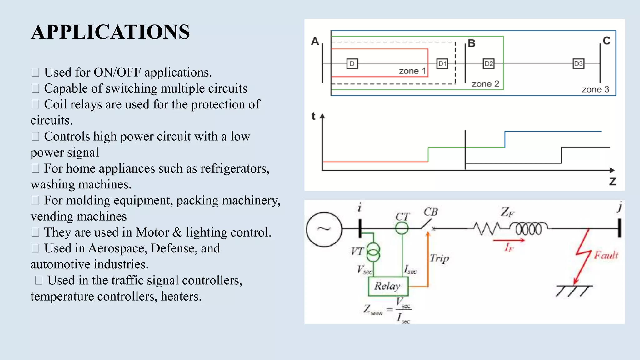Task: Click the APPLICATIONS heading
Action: [110, 32]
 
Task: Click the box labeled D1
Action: [442, 64]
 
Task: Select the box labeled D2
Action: [488, 64]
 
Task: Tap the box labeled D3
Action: [578, 64]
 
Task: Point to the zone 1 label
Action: [412, 71]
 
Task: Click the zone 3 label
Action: [595, 89]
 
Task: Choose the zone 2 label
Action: [485, 84]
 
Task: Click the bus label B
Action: [472, 43]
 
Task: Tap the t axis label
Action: [313, 116]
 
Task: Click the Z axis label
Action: [612, 181]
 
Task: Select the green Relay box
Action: [388, 286]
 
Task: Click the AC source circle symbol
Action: [324, 229]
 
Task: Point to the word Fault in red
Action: [606, 255]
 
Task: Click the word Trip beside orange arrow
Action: [439, 258]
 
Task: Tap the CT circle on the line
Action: [402, 228]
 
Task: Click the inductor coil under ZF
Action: [528, 228]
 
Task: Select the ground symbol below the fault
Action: [573, 290]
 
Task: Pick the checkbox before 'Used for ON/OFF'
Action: [35, 72]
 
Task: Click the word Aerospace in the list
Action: [117, 248]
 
